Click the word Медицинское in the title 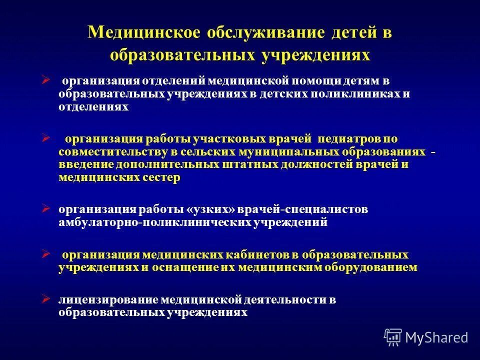click(x=144, y=32)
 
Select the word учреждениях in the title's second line click(x=315, y=54)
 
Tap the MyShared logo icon click(x=393, y=337)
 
